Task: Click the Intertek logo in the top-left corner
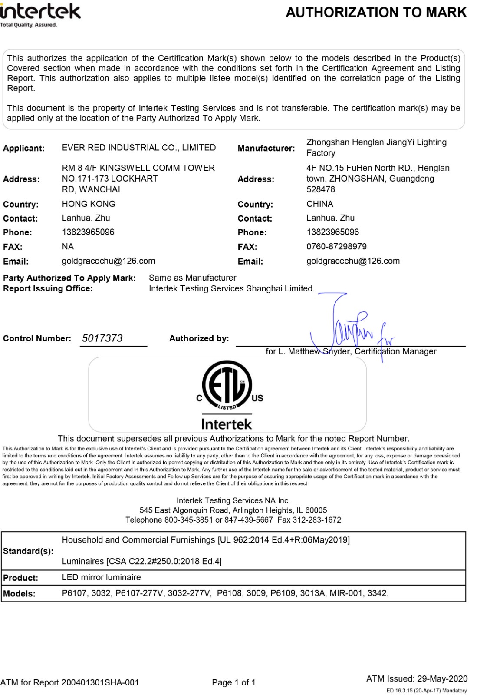point(40,12)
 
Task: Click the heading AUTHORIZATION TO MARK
point(376,13)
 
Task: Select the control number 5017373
point(102,338)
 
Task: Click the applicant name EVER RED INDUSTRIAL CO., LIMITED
point(139,148)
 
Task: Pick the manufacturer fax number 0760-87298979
point(336,247)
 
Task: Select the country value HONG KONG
point(89,204)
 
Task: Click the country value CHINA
point(320,204)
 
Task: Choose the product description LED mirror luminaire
point(101,578)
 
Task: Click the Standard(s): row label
point(28,551)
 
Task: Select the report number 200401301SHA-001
point(100,683)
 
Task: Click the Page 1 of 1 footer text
point(233,683)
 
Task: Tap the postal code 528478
point(321,189)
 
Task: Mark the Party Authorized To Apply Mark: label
point(69,278)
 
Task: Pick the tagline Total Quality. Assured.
point(29,25)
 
